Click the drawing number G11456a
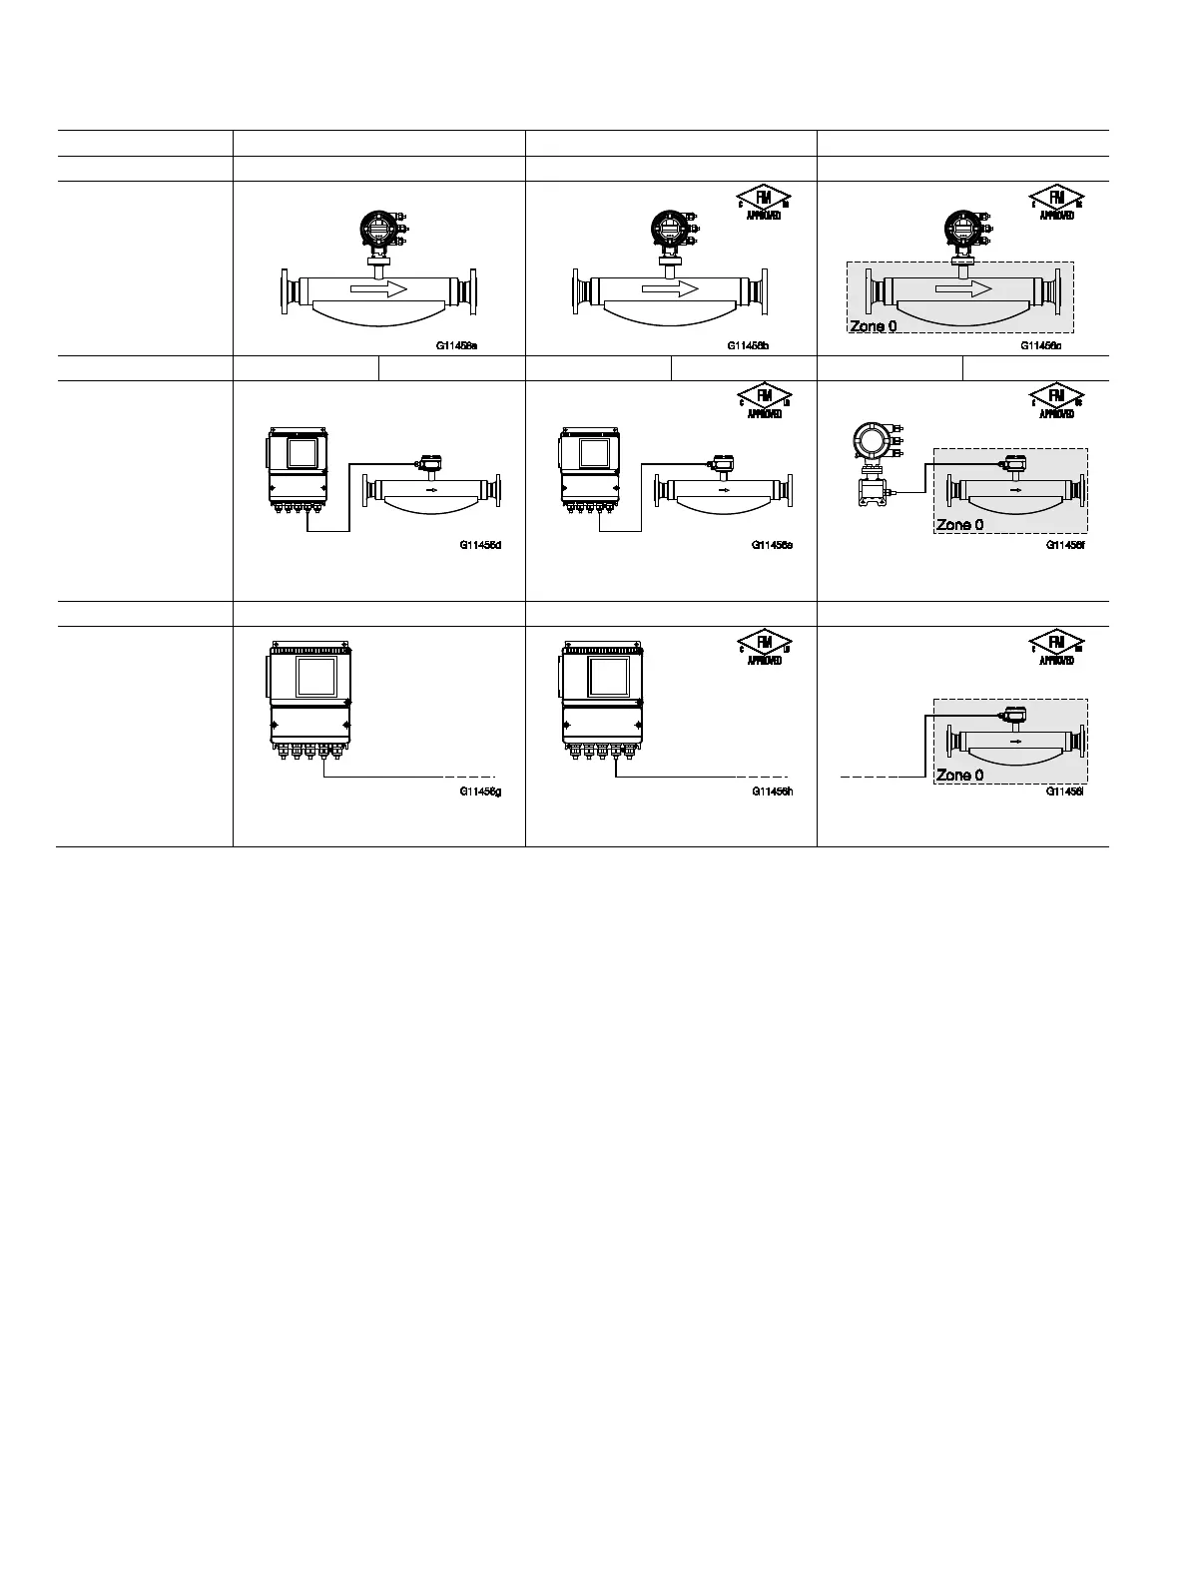pos(456,346)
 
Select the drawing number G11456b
pos(748,346)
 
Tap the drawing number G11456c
pos(1040,346)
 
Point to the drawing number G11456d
pos(480,545)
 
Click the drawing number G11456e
pos(772,545)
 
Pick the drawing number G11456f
pos(1065,545)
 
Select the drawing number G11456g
pos(480,791)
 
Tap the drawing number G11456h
pos(772,791)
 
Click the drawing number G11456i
pos(1065,791)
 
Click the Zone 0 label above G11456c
pos(873,326)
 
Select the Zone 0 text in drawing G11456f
pos(959,525)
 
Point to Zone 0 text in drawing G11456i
pos(959,775)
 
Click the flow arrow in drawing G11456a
pos(378,288)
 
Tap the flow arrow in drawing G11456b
pos(670,288)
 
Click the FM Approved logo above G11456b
pos(764,202)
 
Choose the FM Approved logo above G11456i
pos(1056,646)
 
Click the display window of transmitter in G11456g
pos(316,676)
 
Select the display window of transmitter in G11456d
pos(301,453)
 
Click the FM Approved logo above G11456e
pos(764,399)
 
